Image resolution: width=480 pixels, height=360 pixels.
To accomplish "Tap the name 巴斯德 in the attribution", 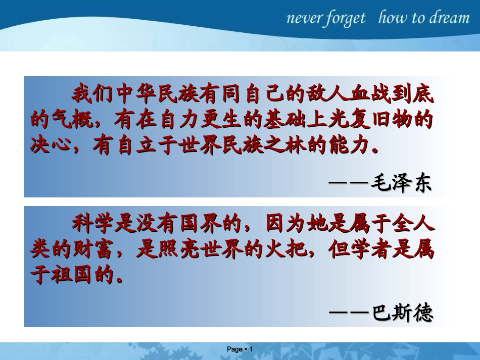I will pos(402,313).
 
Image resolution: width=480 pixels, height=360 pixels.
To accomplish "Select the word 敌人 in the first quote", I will pos(327,94).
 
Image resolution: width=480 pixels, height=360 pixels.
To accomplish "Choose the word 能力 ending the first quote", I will pos(349,146).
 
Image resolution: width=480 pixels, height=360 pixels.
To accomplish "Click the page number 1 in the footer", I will pos(251,349).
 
